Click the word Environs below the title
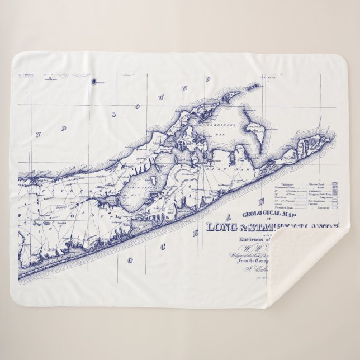[254, 239]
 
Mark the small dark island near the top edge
[93, 81]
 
